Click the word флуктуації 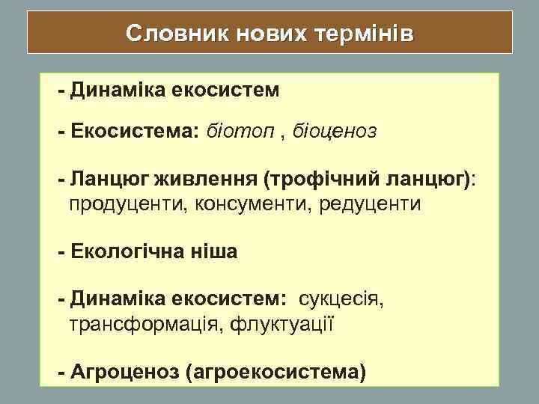coord(281,325)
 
